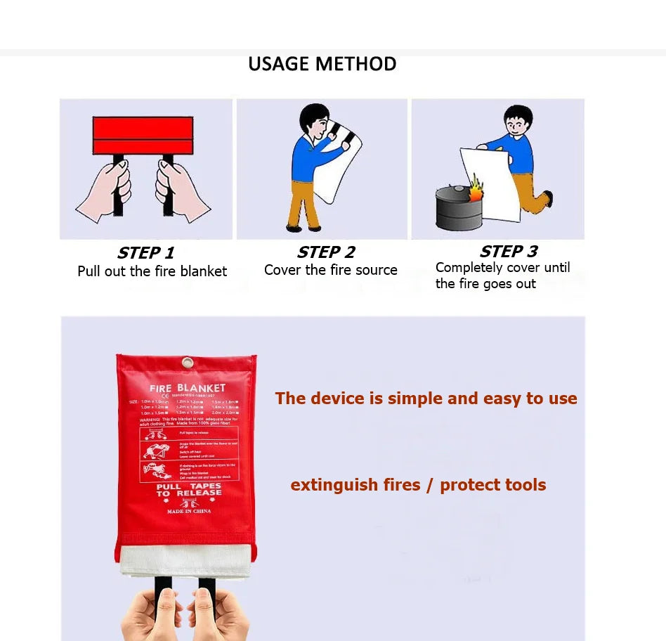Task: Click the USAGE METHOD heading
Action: (322, 64)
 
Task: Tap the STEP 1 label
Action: (145, 253)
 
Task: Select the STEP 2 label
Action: (326, 252)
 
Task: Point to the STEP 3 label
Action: (509, 252)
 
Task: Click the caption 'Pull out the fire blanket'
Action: (152, 271)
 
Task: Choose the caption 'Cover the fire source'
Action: (331, 270)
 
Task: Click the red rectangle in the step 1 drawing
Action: (143, 136)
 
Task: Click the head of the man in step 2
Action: (313, 120)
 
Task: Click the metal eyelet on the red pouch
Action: (187, 363)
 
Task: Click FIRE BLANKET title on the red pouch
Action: (188, 388)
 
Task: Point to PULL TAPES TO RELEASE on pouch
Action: (188, 489)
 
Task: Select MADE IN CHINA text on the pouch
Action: (188, 512)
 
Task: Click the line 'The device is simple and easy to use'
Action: (426, 399)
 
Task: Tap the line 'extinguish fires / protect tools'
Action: (418, 485)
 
